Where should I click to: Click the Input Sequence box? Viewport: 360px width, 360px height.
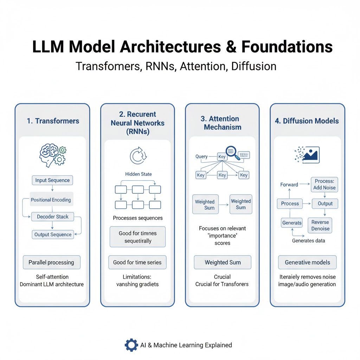pos(52,180)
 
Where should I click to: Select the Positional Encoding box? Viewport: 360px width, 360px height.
pos(51,200)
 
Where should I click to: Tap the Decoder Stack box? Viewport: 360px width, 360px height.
pos(52,217)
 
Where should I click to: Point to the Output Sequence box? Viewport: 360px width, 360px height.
pos(53,234)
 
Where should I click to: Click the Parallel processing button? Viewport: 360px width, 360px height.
pos(51,262)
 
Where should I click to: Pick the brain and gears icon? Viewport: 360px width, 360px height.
pos(52,155)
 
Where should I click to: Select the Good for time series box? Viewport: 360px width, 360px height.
pos(137,262)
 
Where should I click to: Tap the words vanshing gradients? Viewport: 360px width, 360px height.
pos(137,284)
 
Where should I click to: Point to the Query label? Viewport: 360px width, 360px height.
pos(201,156)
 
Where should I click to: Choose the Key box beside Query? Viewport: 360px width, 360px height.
pos(222,157)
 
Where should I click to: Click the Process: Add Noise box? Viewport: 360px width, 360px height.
pos(324,184)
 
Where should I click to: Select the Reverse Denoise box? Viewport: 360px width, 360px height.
pos(320,225)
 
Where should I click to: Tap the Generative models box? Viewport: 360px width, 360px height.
pos(307,262)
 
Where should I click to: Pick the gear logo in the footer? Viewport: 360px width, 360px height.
pos(131,345)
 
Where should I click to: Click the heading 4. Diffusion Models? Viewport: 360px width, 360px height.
pos(307,121)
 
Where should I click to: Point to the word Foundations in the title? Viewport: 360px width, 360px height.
pos(287,47)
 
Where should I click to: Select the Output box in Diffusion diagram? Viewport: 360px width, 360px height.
pos(325,204)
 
